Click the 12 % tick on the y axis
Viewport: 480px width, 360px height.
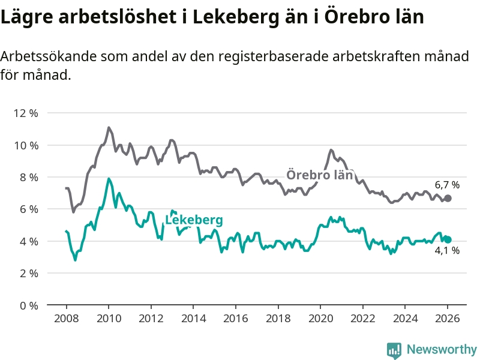(x=25, y=113)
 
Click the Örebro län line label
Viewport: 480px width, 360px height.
(x=319, y=175)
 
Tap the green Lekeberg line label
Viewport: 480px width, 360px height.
(x=194, y=220)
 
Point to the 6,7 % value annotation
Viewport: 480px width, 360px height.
(x=447, y=185)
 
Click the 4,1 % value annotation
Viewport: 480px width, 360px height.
(x=447, y=251)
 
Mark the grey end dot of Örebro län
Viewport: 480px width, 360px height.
(x=448, y=198)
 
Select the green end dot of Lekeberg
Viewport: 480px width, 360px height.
(x=448, y=239)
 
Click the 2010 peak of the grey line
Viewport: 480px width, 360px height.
(x=109, y=128)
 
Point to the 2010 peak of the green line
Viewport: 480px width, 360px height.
(x=109, y=179)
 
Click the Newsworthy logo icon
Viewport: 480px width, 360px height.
(x=394, y=349)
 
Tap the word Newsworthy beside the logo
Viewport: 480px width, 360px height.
(x=442, y=349)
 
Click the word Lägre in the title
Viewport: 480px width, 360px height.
(x=26, y=17)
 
